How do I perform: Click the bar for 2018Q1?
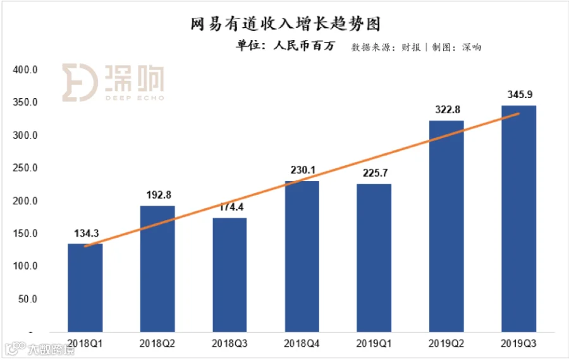(x=85, y=288)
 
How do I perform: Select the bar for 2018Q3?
(x=229, y=275)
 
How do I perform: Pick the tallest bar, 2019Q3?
(x=518, y=218)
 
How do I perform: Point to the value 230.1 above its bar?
(x=302, y=170)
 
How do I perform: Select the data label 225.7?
(x=374, y=173)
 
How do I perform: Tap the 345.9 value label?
(x=519, y=95)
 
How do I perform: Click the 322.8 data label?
(x=447, y=109)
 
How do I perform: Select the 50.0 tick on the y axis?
(x=28, y=299)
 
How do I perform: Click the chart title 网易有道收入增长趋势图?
(x=285, y=24)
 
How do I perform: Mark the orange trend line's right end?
(x=519, y=113)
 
